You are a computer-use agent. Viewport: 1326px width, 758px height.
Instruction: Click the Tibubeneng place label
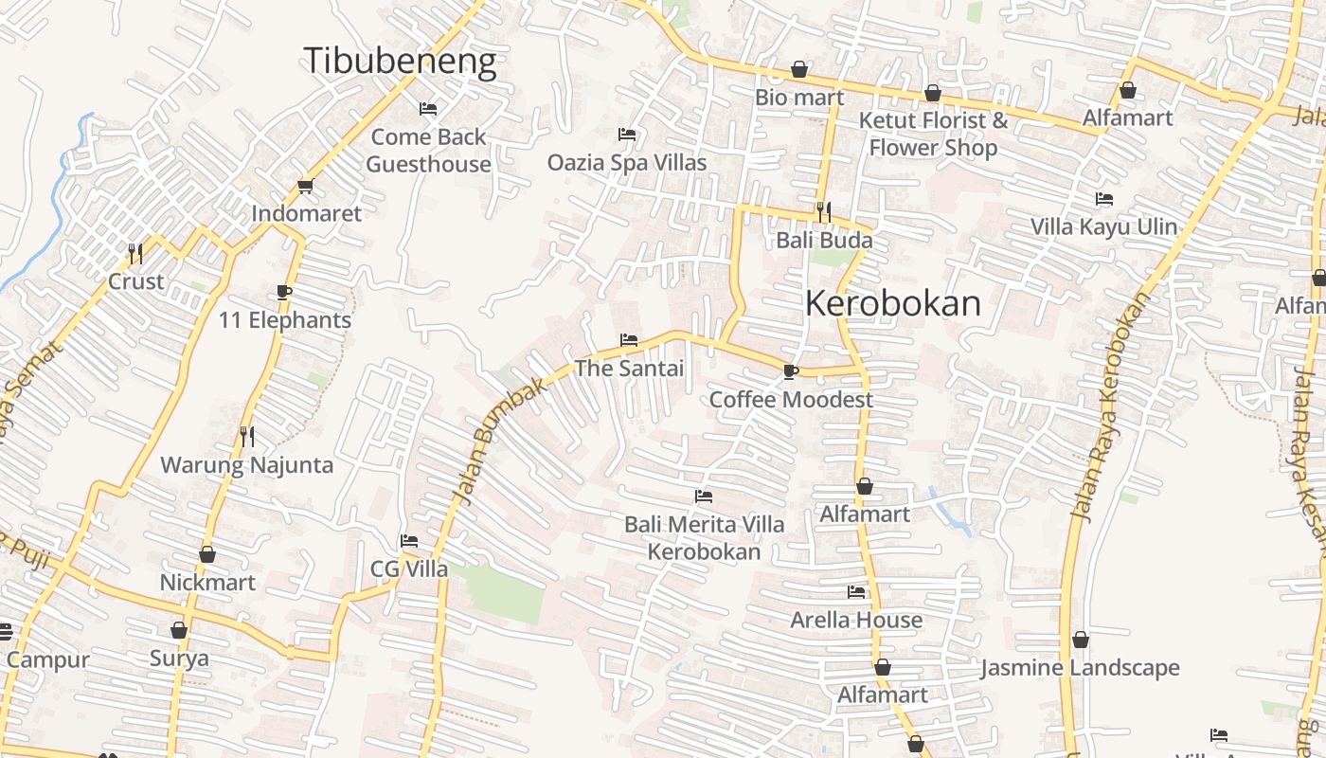coord(400,62)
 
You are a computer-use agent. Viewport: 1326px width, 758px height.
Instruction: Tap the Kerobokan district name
coord(893,303)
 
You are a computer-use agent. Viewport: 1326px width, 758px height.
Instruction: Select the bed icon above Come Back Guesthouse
coord(428,109)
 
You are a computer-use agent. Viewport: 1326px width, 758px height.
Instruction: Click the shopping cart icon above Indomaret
coord(305,186)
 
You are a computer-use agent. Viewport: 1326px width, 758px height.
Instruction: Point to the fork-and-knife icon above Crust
coord(135,253)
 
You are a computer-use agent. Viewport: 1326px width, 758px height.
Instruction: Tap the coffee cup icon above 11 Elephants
coord(284,292)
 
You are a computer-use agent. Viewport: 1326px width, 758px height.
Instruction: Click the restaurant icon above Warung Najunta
coord(247,436)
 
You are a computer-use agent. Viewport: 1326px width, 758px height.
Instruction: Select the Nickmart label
coord(207,582)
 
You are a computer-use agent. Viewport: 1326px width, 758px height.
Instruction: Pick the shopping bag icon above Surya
coord(179,630)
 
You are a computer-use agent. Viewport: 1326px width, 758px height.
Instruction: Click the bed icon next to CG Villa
coord(409,541)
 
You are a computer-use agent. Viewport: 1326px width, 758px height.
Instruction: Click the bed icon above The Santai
coord(629,339)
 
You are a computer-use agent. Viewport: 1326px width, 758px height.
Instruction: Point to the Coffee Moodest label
coord(791,399)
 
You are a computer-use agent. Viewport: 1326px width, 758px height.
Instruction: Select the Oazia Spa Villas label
coord(627,162)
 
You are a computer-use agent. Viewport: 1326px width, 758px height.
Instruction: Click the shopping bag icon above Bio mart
coord(799,69)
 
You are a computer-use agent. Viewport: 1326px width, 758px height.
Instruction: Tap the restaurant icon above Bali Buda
coord(824,212)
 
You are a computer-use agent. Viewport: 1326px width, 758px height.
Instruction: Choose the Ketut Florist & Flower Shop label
coord(933,134)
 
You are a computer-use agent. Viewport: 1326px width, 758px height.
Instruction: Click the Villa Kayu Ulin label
coord(1103,226)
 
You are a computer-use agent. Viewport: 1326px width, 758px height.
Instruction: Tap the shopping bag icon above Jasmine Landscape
coord(1080,640)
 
